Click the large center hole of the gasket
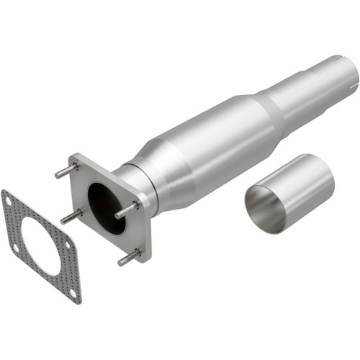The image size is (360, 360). pyautogui.click(x=40, y=245)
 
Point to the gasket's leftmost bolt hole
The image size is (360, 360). pyautogui.click(x=16, y=247)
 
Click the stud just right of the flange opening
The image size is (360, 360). pyautogui.click(x=126, y=210)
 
